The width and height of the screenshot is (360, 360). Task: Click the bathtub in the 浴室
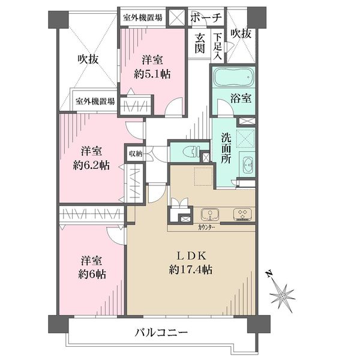coord(234,77)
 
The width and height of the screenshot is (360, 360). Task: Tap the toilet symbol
coord(191,152)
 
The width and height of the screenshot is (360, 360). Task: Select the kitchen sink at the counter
coord(209,214)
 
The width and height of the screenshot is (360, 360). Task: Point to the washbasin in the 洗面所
coord(247,164)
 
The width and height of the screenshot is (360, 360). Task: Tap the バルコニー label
coord(161,332)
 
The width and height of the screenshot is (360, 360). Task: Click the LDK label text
coord(191,256)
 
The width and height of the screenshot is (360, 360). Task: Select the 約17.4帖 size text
coord(191,269)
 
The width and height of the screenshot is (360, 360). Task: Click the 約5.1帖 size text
coord(152,74)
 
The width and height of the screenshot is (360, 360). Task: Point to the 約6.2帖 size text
coord(91,165)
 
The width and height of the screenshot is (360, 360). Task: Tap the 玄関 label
coord(200,43)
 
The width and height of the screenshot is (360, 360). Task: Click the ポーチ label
coord(206,17)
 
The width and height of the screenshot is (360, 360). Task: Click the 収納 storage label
coord(136,154)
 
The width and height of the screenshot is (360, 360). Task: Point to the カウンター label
coord(206,227)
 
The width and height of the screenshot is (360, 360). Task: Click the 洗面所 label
coord(226,148)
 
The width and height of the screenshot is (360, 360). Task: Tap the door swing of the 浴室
coord(225,107)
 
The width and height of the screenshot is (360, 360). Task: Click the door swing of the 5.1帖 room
coord(174,106)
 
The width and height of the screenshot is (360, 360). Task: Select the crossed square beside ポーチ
coord(177,17)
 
